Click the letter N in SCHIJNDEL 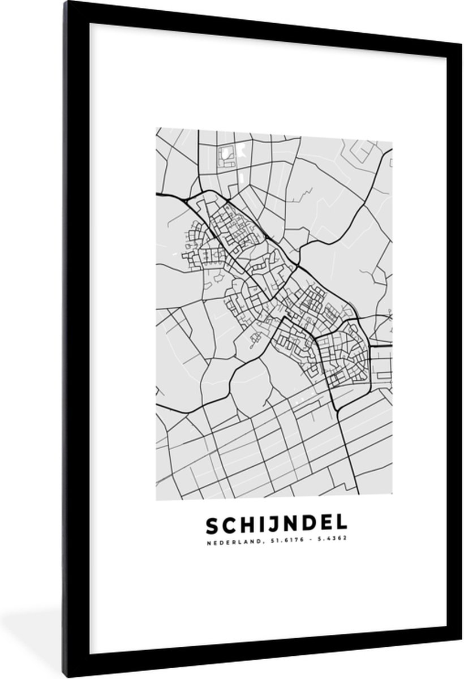[x=287, y=526]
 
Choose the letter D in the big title [x=307, y=526]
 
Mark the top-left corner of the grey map [x=157, y=128]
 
